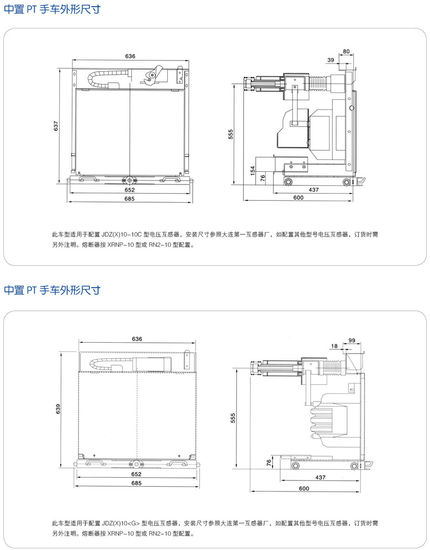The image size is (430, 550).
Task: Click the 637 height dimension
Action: [x=56, y=126]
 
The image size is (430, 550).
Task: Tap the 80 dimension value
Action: [x=346, y=51]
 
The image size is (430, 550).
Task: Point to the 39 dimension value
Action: [x=331, y=60]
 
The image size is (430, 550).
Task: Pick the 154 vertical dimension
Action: [x=253, y=170]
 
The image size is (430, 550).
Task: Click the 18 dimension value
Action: [x=335, y=346]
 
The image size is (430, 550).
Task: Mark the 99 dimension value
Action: [x=352, y=340]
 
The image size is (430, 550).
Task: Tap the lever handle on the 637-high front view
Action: [x=154, y=74]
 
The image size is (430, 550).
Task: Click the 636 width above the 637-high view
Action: [x=130, y=56]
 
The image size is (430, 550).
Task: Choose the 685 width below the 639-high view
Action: [x=136, y=483]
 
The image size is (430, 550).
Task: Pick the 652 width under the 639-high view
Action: [x=136, y=474]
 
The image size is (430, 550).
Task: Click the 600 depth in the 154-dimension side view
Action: [x=298, y=197]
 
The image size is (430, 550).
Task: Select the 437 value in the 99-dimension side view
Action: [x=320, y=477]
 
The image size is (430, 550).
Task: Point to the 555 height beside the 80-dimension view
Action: [x=231, y=134]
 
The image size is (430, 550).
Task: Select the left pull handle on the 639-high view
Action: [x=95, y=462]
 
